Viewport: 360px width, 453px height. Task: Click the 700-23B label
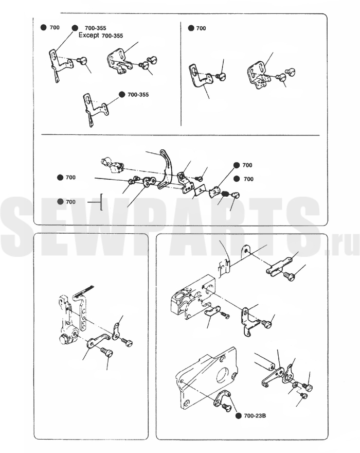click(x=255, y=416)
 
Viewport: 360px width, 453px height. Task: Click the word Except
click(x=89, y=35)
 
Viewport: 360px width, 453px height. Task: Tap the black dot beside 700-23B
click(x=239, y=416)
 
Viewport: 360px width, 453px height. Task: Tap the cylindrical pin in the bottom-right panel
click(x=264, y=361)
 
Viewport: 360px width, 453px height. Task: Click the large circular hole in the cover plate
click(x=223, y=376)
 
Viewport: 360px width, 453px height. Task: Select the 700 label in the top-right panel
click(x=201, y=28)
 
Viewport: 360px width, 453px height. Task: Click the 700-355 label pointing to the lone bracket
click(x=138, y=95)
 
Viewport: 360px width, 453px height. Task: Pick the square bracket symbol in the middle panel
click(x=101, y=202)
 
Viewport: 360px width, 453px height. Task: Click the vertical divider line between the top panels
click(x=181, y=74)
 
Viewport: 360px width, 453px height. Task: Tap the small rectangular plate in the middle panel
click(x=199, y=190)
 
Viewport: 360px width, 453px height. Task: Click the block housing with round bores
click(x=192, y=298)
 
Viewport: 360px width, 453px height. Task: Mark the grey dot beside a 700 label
click(x=60, y=202)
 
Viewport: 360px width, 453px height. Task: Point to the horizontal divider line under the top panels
click(x=181, y=135)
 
